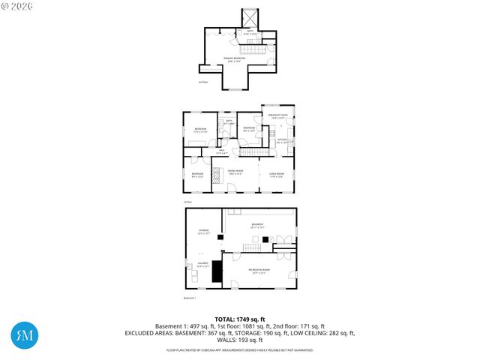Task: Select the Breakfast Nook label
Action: point(278,116)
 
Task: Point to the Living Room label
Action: point(277,175)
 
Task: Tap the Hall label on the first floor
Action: point(221,152)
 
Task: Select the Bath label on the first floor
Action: point(229,121)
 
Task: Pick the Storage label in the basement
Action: point(204,232)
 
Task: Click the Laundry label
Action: point(202,265)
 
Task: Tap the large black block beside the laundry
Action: point(217,271)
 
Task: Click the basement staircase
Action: point(253,247)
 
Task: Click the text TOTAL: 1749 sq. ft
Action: point(239,319)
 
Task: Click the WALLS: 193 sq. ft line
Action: point(239,340)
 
